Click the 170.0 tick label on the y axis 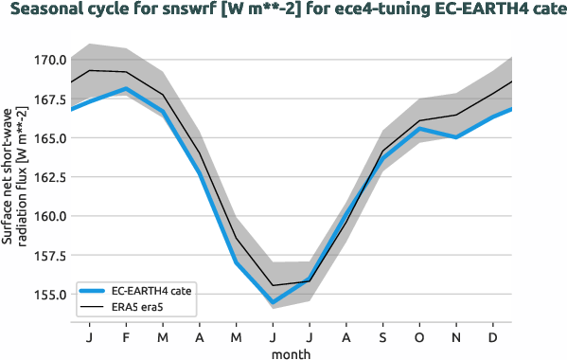[50, 60]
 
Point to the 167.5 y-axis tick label [50, 99]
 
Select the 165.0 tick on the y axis [50, 137]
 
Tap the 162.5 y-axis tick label [50, 176]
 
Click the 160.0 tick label [50, 215]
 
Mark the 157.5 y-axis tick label [50, 255]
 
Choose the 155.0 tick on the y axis [50, 294]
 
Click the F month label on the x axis [126, 336]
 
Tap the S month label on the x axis [383, 336]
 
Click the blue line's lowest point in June [273, 302]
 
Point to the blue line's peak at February [126, 89]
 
